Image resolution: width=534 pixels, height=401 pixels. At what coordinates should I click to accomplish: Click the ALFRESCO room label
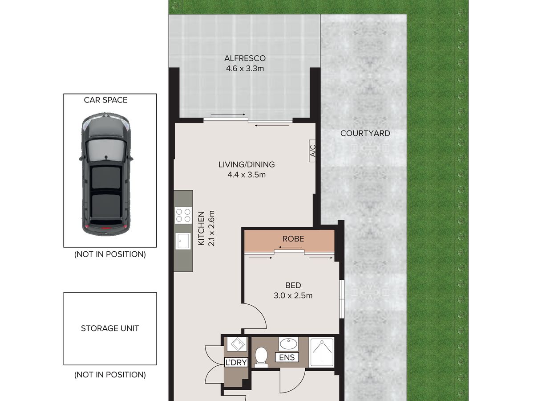pyautogui.click(x=245, y=58)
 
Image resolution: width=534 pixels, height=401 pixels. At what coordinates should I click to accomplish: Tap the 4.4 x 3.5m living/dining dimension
pyautogui.click(x=247, y=175)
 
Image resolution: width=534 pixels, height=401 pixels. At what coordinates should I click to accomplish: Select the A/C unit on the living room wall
pyautogui.click(x=312, y=151)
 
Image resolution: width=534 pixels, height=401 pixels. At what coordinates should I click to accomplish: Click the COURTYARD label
pyautogui.click(x=365, y=133)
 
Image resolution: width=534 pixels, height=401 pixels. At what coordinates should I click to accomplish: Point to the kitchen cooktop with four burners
pyautogui.click(x=183, y=216)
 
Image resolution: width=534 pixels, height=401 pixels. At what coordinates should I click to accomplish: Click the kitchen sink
pyautogui.click(x=183, y=241)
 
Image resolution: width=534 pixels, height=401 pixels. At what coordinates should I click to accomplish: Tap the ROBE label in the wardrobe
pyautogui.click(x=293, y=239)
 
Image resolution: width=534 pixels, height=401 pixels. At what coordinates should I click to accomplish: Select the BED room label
pyautogui.click(x=293, y=285)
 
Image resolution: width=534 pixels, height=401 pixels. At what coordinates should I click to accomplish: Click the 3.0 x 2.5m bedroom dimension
pyautogui.click(x=293, y=295)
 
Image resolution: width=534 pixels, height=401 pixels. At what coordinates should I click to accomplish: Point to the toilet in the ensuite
pyautogui.click(x=261, y=357)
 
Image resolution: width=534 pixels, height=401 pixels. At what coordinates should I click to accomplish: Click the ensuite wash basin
pyautogui.click(x=288, y=344)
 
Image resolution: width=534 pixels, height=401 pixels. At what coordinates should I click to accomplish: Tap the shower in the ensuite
pyautogui.click(x=322, y=352)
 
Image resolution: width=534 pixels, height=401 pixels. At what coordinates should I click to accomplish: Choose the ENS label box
pyautogui.click(x=287, y=357)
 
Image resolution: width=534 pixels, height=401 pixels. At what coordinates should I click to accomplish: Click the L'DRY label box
pyautogui.click(x=236, y=363)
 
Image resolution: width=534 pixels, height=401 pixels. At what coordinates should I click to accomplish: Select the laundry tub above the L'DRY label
pyautogui.click(x=237, y=344)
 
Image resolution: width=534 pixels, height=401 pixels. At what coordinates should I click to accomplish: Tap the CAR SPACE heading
pyautogui.click(x=105, y=100)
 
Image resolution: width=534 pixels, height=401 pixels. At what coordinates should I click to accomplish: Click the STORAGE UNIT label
pyautogui.click(x=110, y=328)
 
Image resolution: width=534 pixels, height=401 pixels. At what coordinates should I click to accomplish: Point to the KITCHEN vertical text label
pyautogui.click(x=201, y=228)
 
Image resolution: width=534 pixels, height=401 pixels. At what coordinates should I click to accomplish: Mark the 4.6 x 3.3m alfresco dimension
pyautogui.click(x=245, y=69)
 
